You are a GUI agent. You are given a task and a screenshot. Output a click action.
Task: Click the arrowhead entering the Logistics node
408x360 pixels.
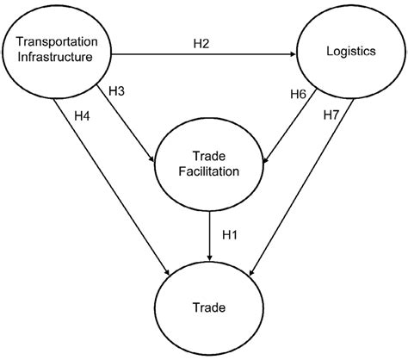[x=293, y=53]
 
